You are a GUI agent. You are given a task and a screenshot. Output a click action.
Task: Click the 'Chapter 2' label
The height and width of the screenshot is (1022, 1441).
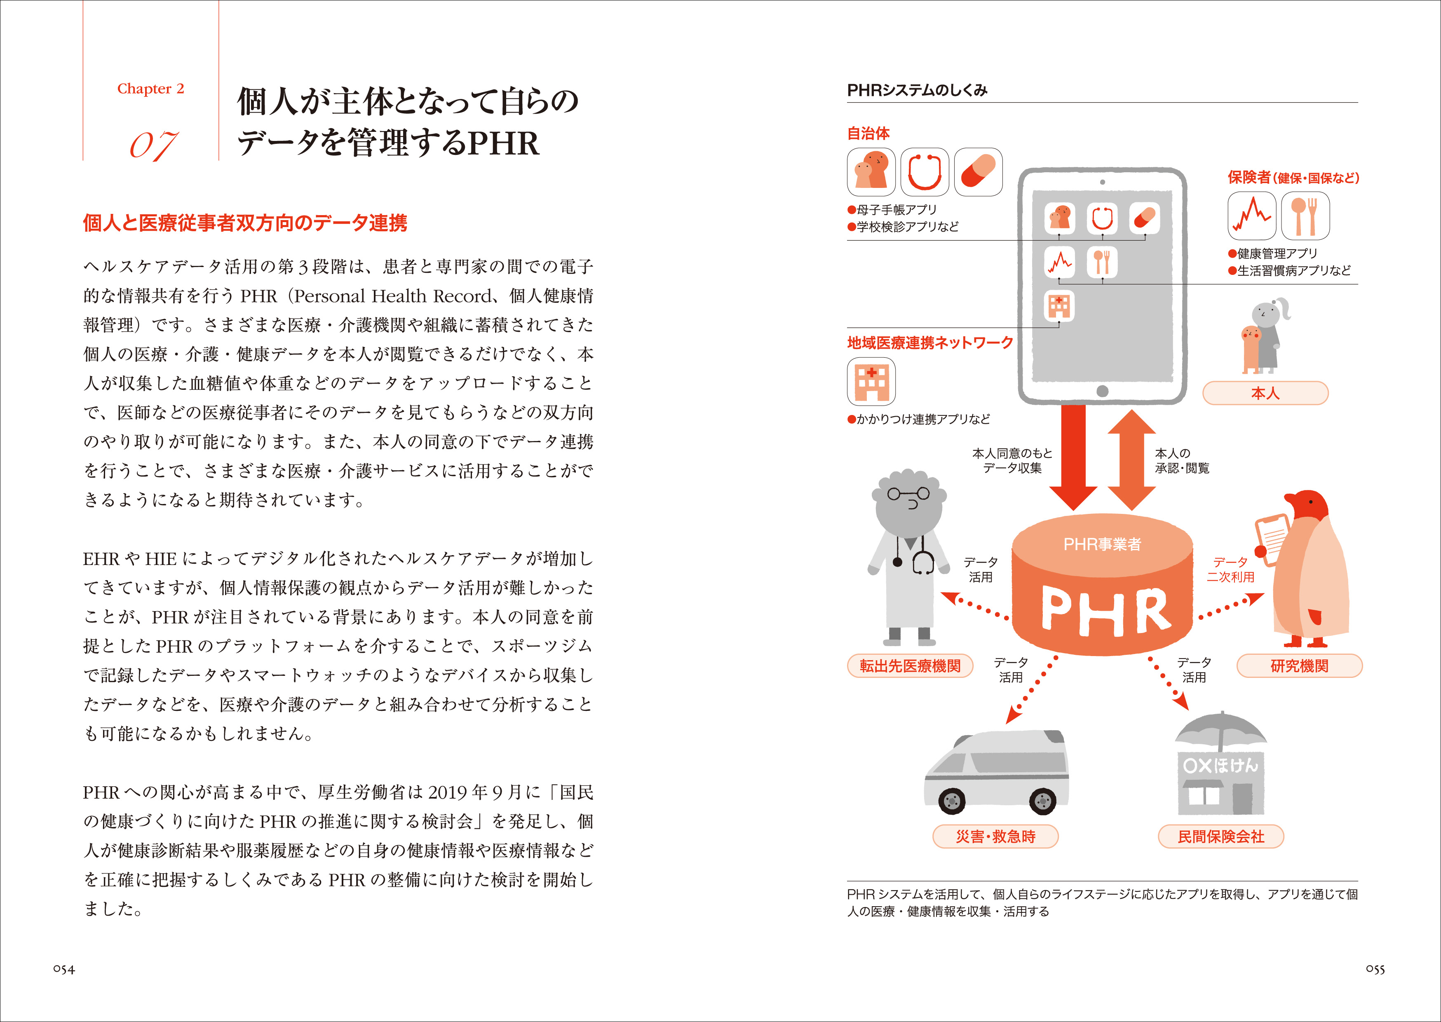(150, 89)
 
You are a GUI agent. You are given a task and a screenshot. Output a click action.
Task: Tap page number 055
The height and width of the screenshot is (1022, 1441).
(1375, 970)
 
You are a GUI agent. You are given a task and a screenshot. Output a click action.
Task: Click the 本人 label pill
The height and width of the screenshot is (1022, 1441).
(1265, 393)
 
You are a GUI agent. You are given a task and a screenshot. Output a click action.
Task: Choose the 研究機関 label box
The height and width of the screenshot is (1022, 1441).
(1299, 666)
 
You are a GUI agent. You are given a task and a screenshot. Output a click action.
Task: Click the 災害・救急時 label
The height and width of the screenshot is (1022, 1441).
(995, 837)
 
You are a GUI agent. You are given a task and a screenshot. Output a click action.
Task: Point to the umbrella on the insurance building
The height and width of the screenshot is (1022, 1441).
(1221, 730)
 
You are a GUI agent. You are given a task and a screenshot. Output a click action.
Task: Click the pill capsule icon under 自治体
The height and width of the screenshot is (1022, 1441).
(978, 172)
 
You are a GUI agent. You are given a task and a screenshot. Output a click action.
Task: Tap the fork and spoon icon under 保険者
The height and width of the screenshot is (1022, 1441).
(1305, 216)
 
